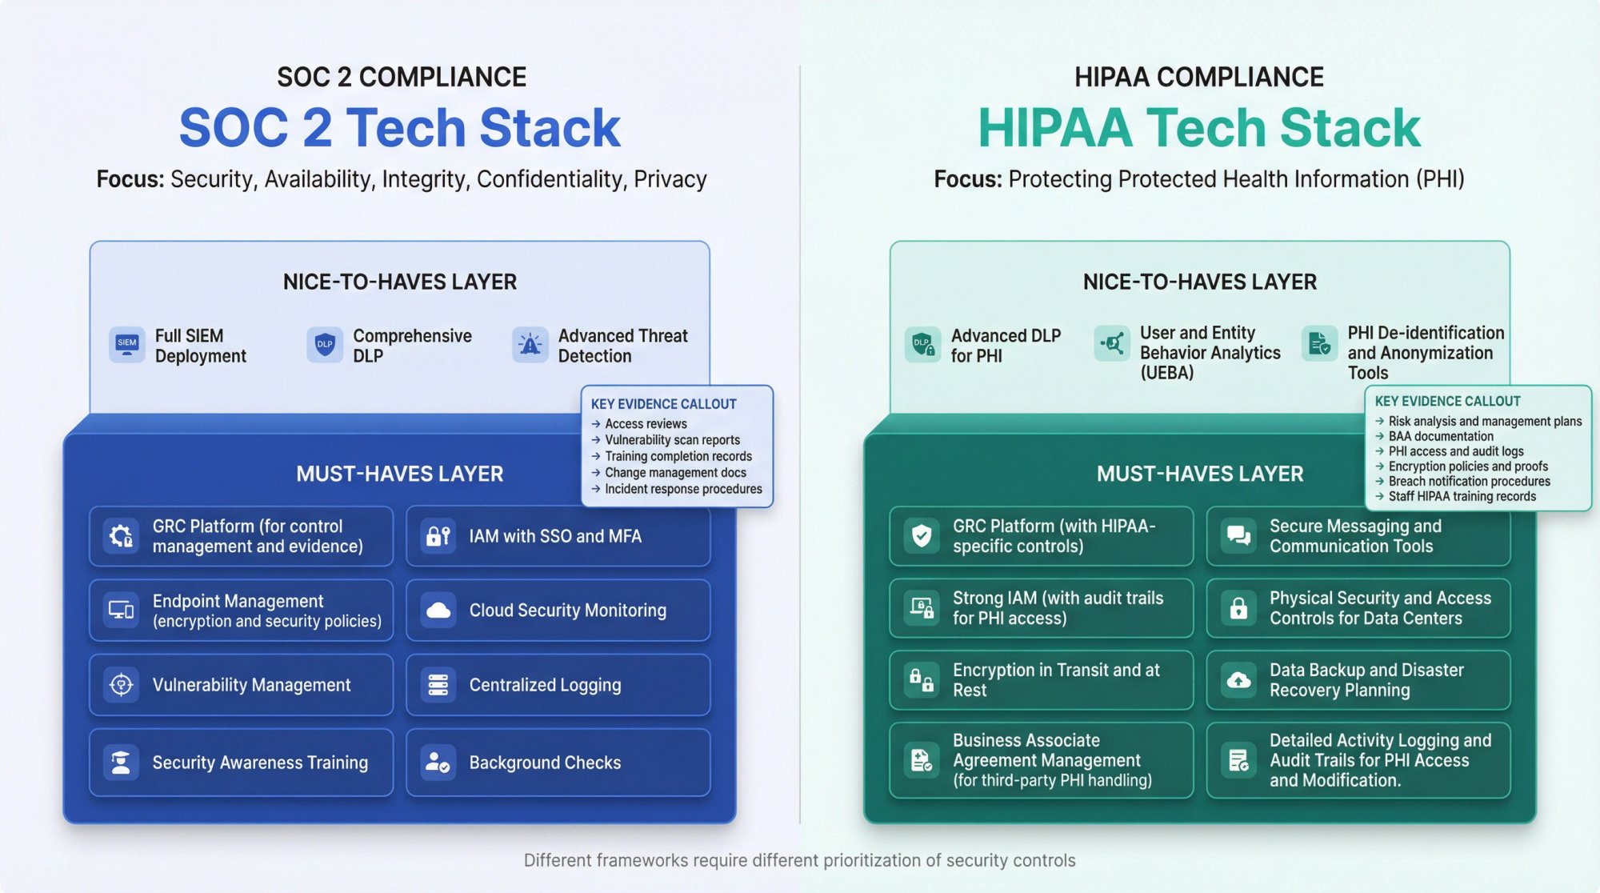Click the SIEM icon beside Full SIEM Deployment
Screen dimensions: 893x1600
(126, 344)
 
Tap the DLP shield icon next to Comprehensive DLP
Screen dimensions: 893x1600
(324, 344)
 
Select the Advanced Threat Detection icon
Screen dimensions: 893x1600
(530, 344)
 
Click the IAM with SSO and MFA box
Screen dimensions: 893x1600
(558, 536)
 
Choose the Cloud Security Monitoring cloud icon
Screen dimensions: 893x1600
(438, 611)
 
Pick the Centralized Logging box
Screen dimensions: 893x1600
(558, 685)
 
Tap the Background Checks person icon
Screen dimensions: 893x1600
(438, 763)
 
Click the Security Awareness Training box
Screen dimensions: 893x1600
(241, 763)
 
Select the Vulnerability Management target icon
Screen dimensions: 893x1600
(122, 685)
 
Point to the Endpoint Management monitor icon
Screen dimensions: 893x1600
(122, 611)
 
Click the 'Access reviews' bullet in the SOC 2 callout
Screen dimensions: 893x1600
(645, 424)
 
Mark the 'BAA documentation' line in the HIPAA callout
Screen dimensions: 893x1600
(1440, 436)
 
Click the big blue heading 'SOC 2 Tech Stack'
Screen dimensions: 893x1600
(400, 128)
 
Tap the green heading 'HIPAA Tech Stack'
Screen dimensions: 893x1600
(1199, 128)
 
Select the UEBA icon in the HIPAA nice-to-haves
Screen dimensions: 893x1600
(1112, 343)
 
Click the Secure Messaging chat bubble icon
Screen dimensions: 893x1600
(1238, 536)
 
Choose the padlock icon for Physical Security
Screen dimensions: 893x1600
(1238, 608)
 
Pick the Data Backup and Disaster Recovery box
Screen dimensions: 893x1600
(1358, 680)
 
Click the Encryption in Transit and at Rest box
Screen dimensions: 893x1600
(1041, 680)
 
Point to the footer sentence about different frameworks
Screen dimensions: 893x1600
(799, 860)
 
